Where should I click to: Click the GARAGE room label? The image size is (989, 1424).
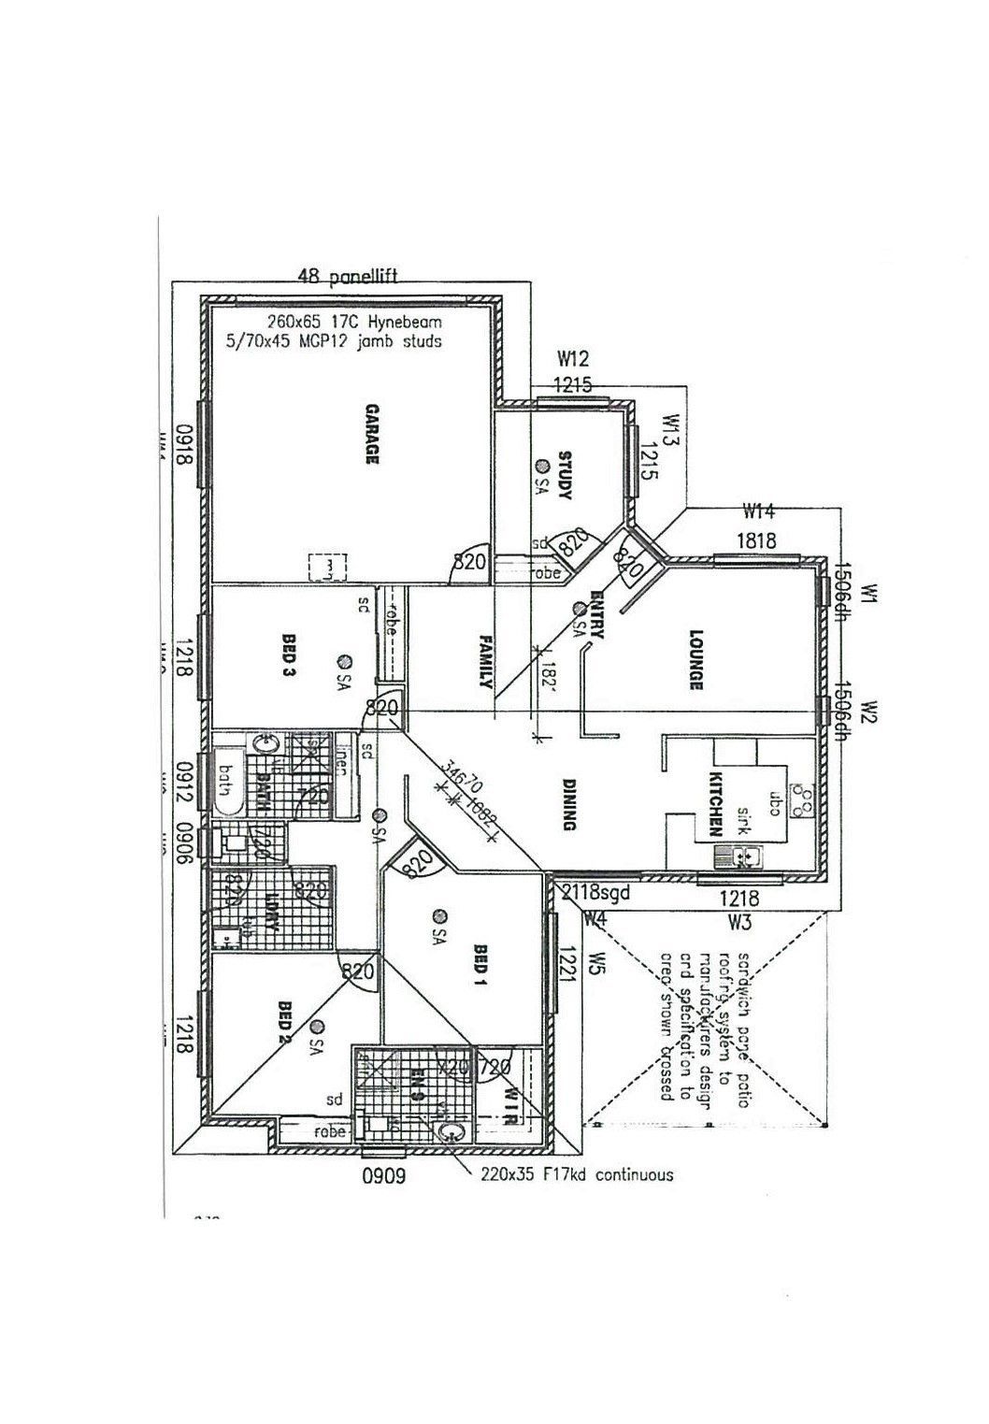coord(371,434)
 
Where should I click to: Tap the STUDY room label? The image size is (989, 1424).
coord(565,475)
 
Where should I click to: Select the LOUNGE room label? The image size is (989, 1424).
coord(695,659)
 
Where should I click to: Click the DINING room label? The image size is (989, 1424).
coord(569,804)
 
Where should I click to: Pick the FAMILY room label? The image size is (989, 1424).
coord(485,661)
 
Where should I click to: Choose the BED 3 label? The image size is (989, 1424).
coord(289,654)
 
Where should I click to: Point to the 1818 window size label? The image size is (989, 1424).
coord(755,540)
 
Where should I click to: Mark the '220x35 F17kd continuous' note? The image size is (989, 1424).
coord(577,1174)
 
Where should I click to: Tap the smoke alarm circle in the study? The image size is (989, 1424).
coord(541,466)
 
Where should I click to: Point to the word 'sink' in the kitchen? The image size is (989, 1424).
coord(745,818)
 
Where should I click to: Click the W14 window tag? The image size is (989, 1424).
coord(758,511)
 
